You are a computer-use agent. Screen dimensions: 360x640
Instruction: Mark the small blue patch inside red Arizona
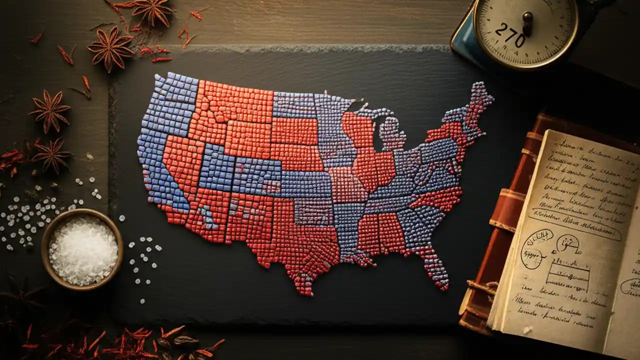(x=206, y=215)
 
